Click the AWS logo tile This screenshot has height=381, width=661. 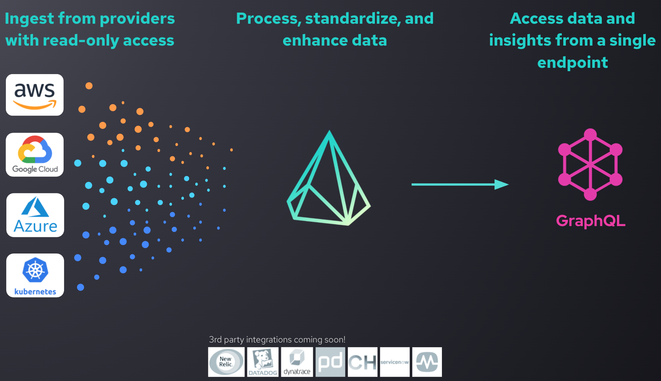(35, 95)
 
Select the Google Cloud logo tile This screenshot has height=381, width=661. (35, 155)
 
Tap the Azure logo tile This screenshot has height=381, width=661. (35, 215)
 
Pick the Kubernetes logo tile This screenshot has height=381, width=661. (35, 275)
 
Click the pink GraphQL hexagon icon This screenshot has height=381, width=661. (590, 164)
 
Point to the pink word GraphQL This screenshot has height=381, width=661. (591, 221)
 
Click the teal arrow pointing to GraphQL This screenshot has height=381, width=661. (460, 184)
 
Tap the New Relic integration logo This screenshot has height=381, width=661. (226, 362)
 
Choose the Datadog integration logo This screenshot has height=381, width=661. (263, 362)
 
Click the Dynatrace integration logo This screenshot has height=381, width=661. (297, 362)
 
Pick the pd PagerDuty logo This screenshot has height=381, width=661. (330, 362)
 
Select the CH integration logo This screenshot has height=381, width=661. (362, 362)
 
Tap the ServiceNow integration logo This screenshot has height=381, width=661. (395, 362)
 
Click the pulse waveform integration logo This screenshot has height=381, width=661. (427, 362)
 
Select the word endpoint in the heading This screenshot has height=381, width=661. (573, 62)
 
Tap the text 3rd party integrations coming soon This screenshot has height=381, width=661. (277, 339)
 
